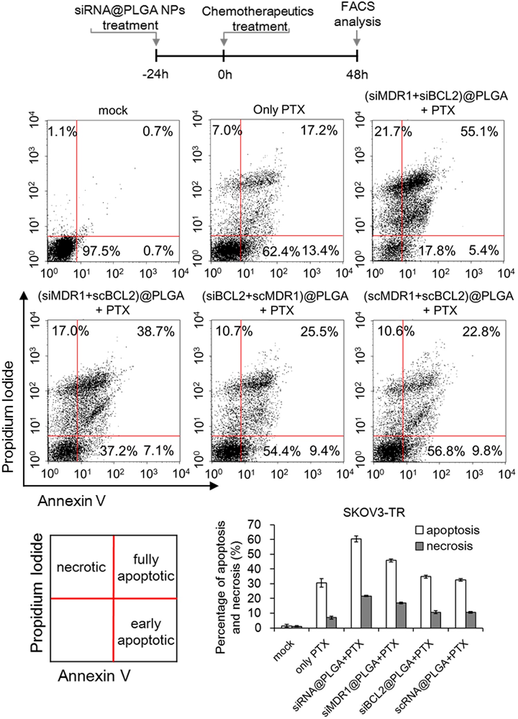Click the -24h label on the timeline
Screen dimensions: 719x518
[x=155, y=74]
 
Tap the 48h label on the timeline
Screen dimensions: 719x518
[x=357, y=74]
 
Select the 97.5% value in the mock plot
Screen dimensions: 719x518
[x=101, y=251]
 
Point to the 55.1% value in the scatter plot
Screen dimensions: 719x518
[x=479, y=132]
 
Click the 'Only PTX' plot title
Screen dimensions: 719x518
[x=279, y=110]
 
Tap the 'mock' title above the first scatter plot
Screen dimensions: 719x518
[x=113, y=111]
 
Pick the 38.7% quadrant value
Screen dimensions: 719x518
[x=156, y=332]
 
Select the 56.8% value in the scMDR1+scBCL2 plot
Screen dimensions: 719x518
[x=446, y=451]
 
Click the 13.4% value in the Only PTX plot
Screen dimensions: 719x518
[x=320, y=251]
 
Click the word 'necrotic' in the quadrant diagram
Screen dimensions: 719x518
[x=81, y=567]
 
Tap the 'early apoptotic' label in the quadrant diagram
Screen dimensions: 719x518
[x=146, y=632]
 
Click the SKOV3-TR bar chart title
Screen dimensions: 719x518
[x=374, y=512]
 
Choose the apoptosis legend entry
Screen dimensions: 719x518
[x=448, y=530]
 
